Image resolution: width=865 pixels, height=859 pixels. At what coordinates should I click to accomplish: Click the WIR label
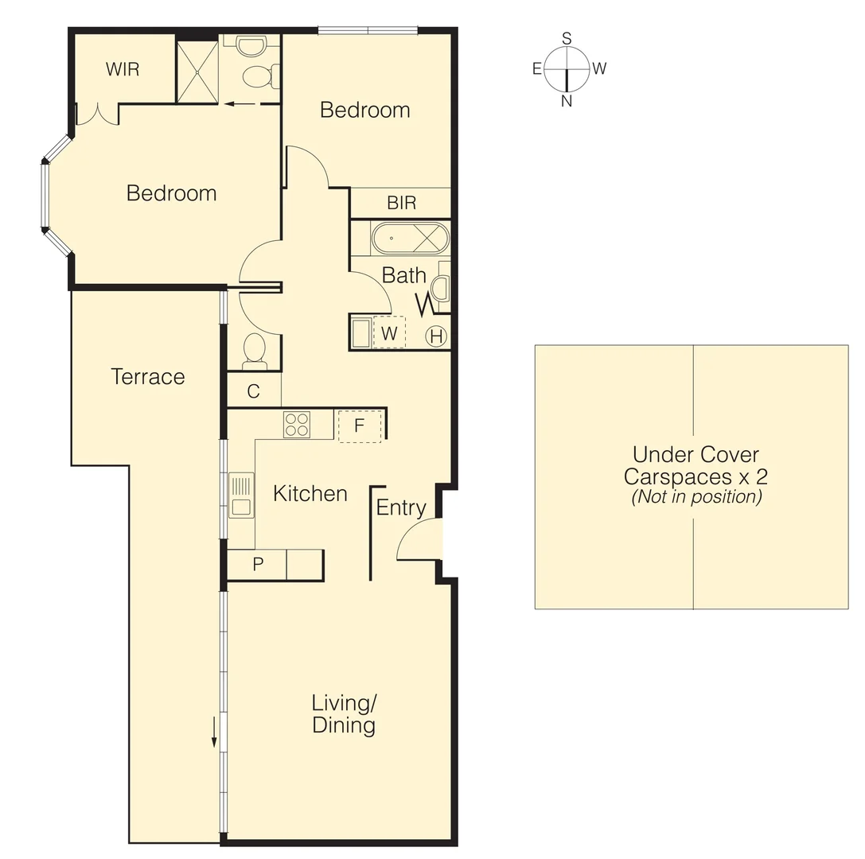tap(123, 69)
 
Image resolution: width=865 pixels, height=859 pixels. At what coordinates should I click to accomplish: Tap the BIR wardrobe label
tap(401, 203)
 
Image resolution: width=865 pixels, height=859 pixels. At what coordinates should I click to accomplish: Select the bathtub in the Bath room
tap(411, 238)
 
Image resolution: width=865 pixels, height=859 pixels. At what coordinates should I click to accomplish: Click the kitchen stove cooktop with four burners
tap(297, 425)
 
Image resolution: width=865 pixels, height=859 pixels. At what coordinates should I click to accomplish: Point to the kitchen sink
tap(241, 495)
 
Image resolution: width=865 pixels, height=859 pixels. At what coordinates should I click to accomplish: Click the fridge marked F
tap(359, 426)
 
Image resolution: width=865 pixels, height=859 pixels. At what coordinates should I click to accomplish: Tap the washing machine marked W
tap(388, 332)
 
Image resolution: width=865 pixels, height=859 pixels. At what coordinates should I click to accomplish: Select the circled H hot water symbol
tap(436, 336)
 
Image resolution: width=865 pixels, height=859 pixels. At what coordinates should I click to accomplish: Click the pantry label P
tap(258, 565)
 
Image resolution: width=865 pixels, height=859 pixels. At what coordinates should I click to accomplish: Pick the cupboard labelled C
tap(253, 391)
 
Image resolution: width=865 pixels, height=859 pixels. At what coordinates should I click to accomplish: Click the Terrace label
tap(148, 376)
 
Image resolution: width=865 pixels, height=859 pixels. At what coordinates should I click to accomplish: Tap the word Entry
tap(401, 507)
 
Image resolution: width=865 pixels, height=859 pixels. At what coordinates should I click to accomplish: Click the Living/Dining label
tap(344, 713)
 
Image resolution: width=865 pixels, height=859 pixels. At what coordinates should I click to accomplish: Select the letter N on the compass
tap(567, 101)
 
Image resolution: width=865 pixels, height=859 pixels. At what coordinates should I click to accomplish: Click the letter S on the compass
tap(567, 38)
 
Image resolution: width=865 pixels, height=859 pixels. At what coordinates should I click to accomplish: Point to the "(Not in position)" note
tap(696, 497)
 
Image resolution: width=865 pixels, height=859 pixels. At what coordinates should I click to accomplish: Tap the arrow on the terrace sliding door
tap(214, 731)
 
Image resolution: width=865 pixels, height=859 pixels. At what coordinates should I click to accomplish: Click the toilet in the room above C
tap(254, 351)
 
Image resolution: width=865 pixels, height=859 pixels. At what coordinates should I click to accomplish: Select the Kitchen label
tap(310, 493)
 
